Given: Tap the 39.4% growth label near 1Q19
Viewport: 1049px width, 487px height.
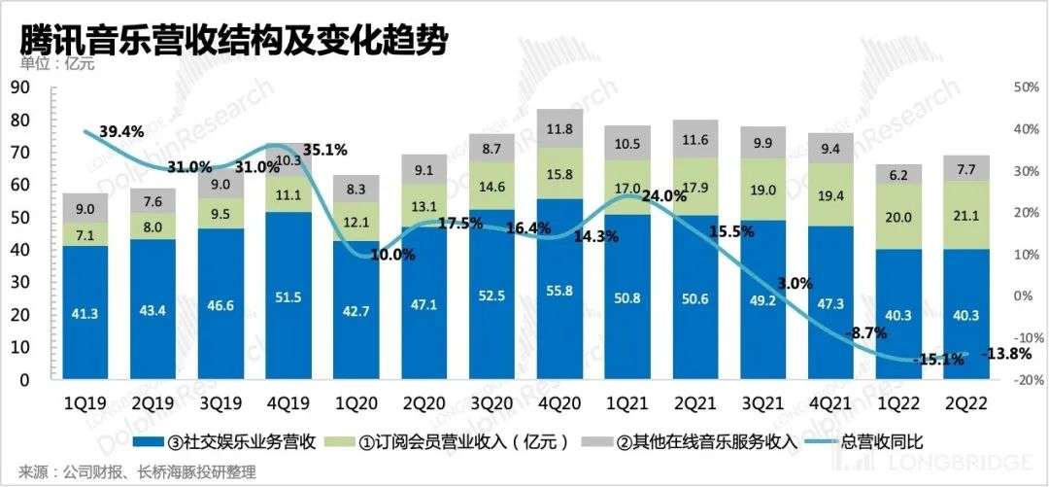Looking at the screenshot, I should click(x=120, y=131).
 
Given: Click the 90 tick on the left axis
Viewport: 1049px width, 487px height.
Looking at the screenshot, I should click(x=22, y=87).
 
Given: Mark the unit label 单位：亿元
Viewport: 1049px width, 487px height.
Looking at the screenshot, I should click(x=52, y=65).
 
